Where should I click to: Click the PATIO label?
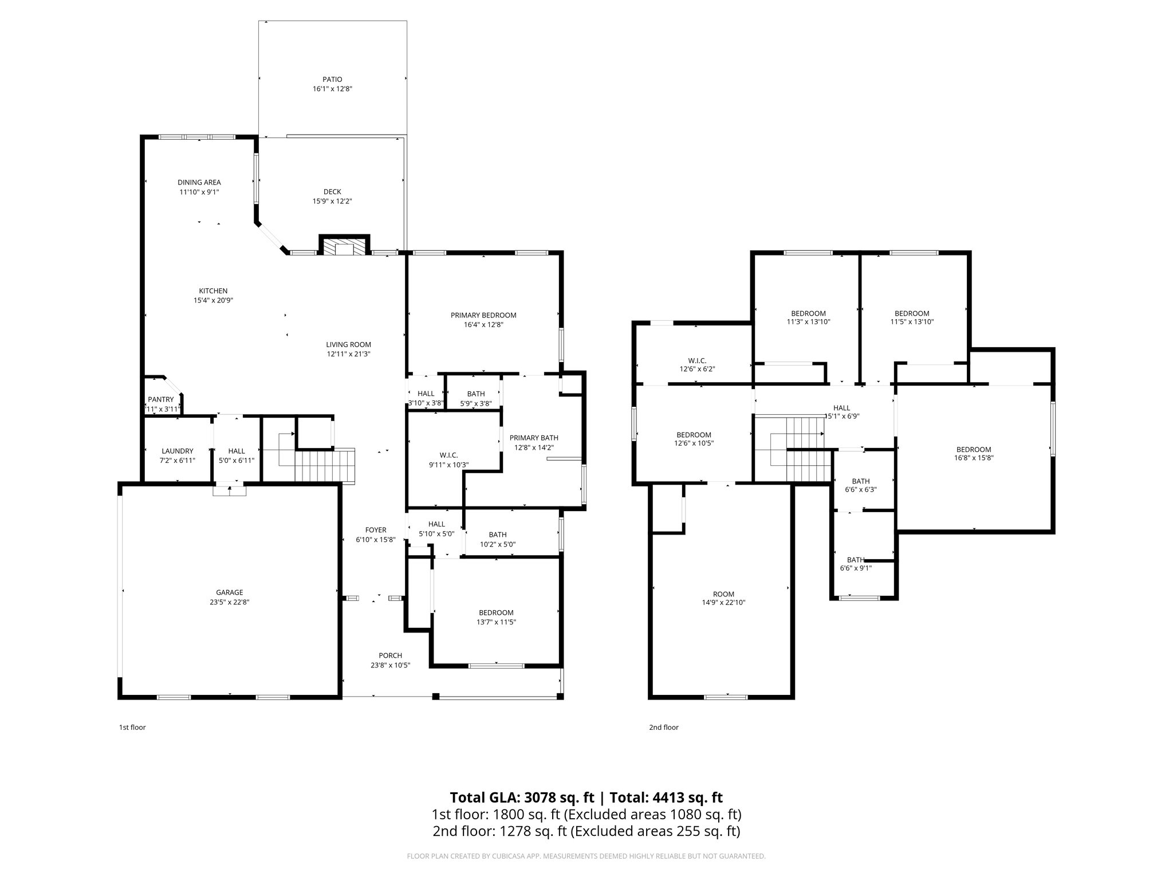tap(332, 80)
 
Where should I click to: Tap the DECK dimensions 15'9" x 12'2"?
tap(332, 202)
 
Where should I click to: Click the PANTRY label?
tap(160, 399)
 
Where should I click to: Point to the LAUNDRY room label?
tap(177, 451)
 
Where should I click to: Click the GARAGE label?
tap(229, 592)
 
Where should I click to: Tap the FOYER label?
tap(376, 530)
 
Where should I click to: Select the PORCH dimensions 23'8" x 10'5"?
tap(390, 665)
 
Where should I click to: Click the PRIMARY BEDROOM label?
tap(483, 315)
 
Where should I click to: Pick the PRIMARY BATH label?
tap(534, 438)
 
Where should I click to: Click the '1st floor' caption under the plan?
tap(132, 728)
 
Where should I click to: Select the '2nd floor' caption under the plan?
tap(663, 728)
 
